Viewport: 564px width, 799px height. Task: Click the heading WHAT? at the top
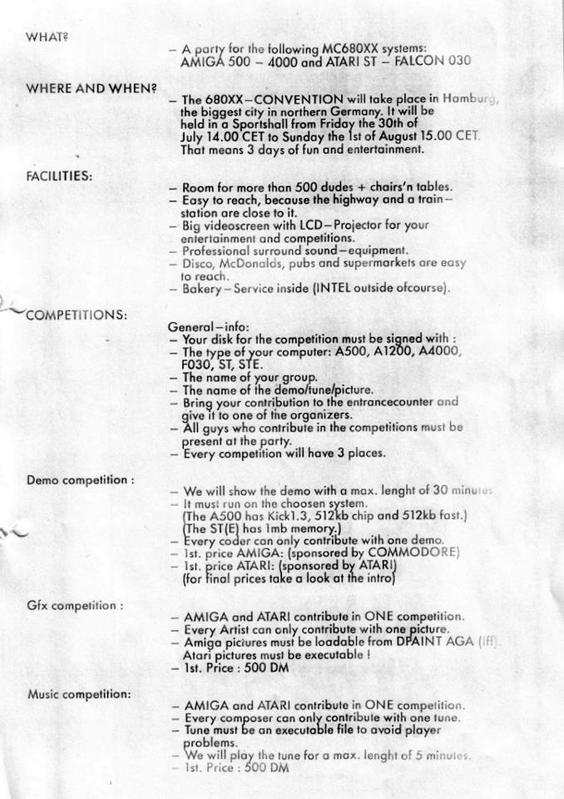point(45,37)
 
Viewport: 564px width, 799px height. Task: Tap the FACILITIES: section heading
point(59,176)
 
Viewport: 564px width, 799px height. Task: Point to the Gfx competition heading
point(75,605)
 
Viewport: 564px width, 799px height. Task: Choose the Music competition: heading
point(79,693)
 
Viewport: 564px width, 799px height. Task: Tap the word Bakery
point(201,289)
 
